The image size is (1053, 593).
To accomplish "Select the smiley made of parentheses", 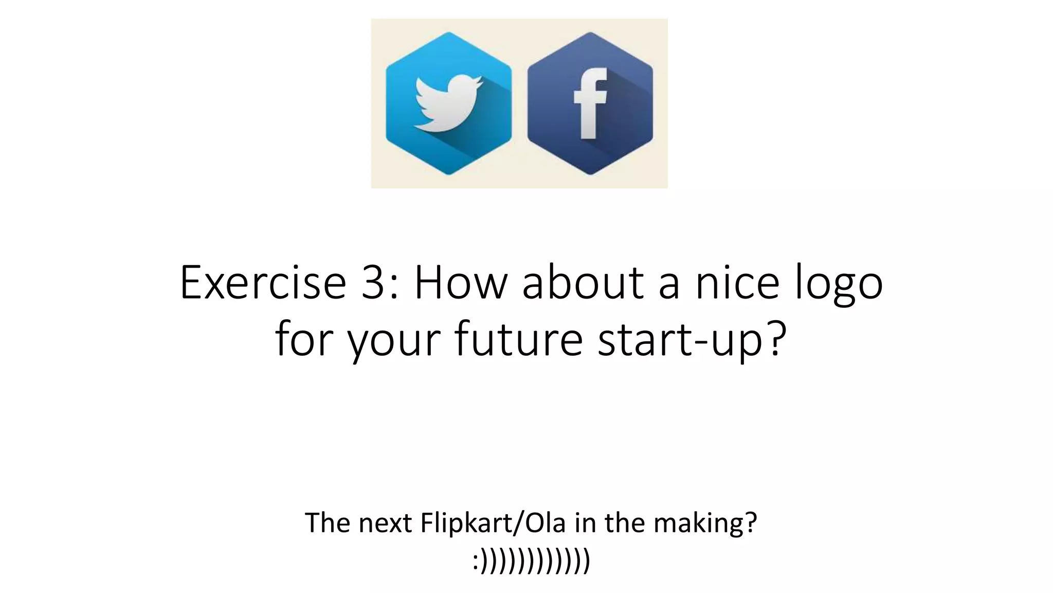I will (531, 561).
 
